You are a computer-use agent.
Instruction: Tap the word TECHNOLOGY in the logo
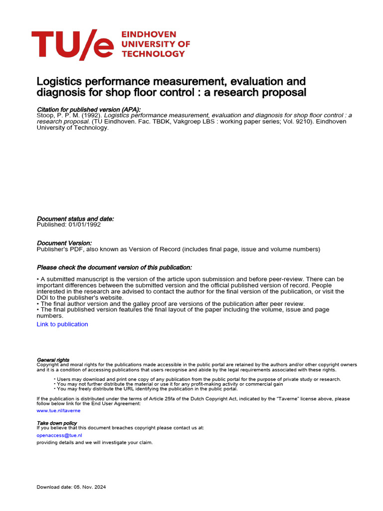(153, 53)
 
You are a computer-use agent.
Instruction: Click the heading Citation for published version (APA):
(89, 109)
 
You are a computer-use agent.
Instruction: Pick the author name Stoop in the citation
(46, 115)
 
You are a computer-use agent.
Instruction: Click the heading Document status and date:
(75, 219)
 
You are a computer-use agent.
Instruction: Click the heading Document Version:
(64, 243)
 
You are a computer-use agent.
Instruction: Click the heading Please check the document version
(114, 268)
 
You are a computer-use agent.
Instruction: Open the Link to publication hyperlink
(62, 324)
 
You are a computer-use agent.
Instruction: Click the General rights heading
(53, 360)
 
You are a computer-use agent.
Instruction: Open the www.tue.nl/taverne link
(58, 411)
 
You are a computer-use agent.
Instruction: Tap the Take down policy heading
(56, 423)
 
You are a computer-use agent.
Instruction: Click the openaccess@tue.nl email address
(59, 435)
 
